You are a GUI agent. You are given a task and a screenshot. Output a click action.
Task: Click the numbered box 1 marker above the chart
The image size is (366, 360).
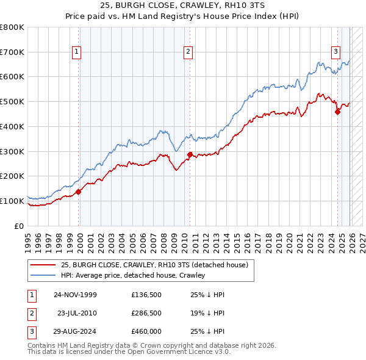[x=77, y=52]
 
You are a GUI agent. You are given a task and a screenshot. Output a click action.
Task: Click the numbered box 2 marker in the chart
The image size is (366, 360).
[x=188, y=52]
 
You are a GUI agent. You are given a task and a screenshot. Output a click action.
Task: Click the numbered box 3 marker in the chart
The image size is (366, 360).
[x=335, y=52]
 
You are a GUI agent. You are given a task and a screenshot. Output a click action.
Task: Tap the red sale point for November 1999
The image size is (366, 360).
[x=79, y=192]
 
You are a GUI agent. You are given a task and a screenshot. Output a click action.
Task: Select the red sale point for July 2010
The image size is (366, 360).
[x=190, y=154]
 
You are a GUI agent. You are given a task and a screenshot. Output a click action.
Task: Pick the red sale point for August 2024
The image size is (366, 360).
[x=337, y=111]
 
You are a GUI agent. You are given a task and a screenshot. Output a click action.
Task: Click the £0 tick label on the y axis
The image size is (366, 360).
[x=20, y=226]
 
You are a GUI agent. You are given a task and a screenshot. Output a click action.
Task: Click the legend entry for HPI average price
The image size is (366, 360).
[x=133, y=275]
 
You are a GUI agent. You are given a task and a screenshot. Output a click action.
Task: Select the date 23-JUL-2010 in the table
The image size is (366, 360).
[x=77, y=313]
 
